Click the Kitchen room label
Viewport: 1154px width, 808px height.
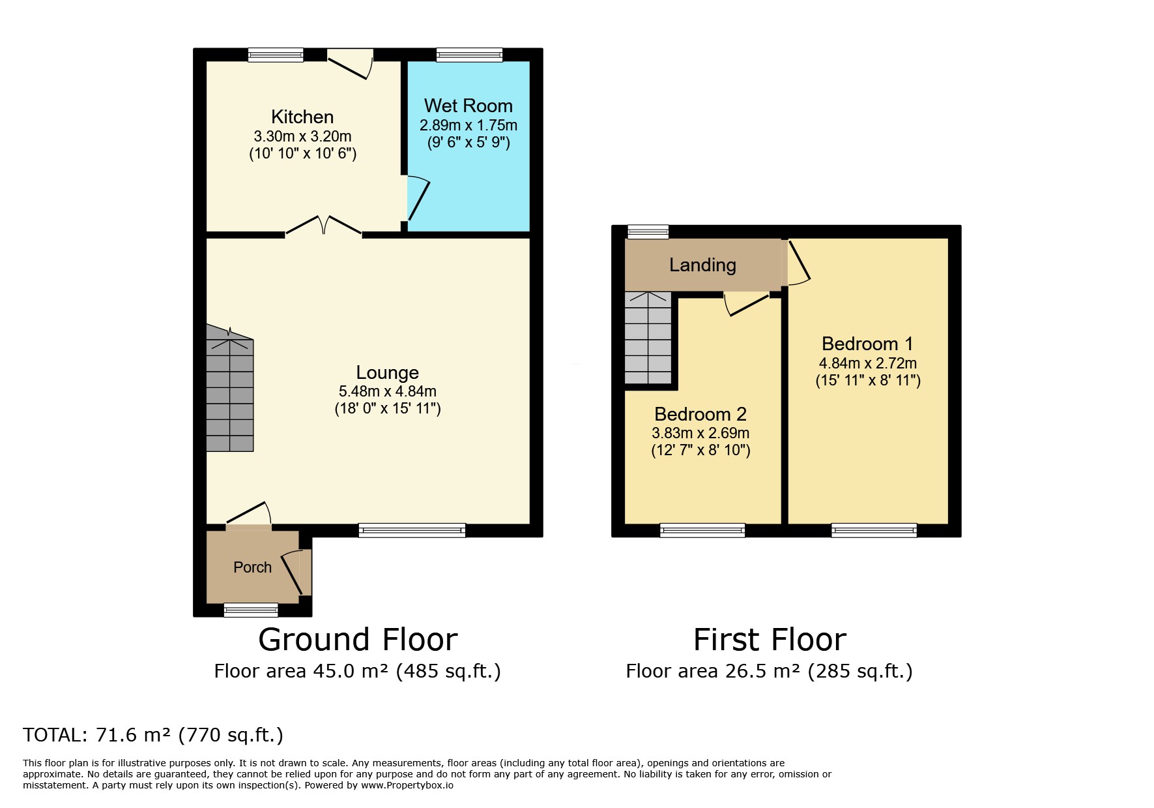(x=302, y=117)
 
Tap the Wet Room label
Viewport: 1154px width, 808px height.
(x=468, y=106)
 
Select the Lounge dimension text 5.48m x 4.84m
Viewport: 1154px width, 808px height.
(x=388, y=392)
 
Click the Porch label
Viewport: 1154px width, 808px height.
(x=252, y=567)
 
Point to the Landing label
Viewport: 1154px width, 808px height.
(x=702, y=265)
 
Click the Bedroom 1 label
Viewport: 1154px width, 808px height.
(x=867, y=344)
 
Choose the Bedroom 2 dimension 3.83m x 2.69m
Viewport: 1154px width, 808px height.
(x=700, y=433)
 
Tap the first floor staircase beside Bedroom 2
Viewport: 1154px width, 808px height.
(x=648, y=337)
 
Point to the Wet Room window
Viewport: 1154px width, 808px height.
(x=470, y=55)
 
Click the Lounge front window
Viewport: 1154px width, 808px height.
(x=412, y=530)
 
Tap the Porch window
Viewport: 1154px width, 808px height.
(x=251, y=610)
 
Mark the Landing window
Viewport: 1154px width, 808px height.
(x=648, y=232)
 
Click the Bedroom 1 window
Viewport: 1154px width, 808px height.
(x=874, y=530)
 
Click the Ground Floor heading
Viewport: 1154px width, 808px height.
(x=358, y=640)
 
